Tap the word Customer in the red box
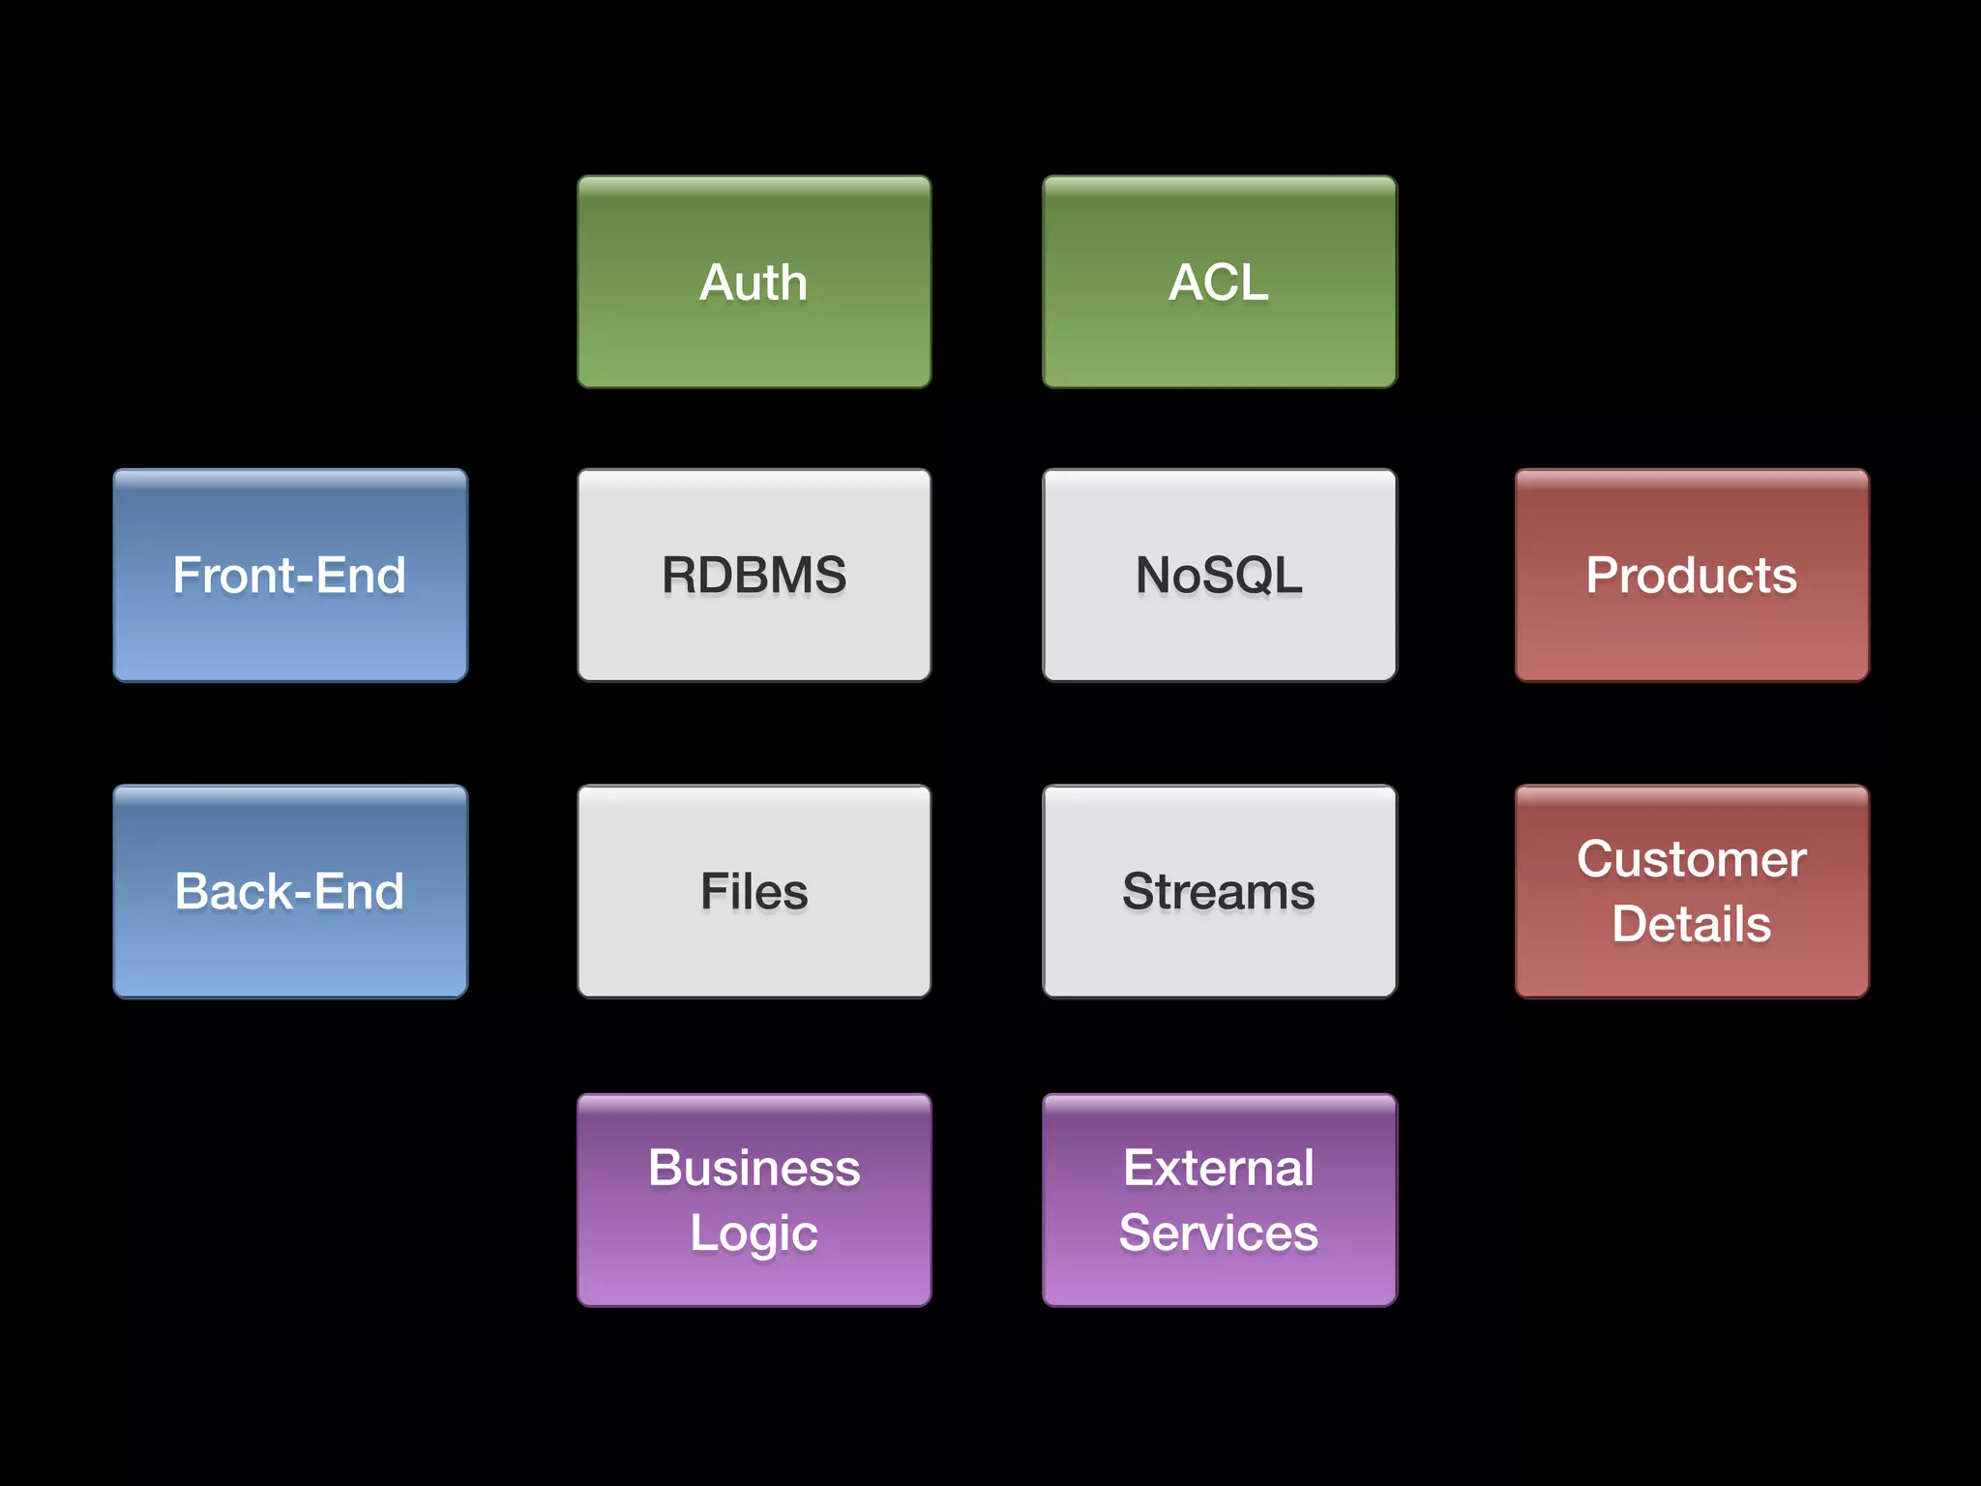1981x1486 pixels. pyautogui.click(x=1691, y=859)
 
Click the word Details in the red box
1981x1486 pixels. pyautogui.click(x=1691, y=924)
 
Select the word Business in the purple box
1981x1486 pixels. pyautogui.click(x=754, y=1168)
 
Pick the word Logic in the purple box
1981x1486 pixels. pyautogui.click(x=754, y=1233)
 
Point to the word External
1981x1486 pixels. pyautogui.click(x=1219, y=1168)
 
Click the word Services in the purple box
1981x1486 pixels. pyautogui.click(x=1219, y=1233)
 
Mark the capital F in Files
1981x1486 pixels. pyautogui.click(x=715, y=891)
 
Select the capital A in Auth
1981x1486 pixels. pyautogui.click(x=717, y=282)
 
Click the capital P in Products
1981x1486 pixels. pyautogui.click(x=1604, y=576)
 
